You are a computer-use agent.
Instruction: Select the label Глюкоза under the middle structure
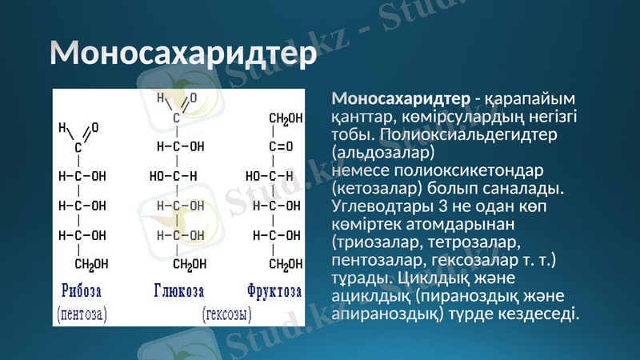[178, 289]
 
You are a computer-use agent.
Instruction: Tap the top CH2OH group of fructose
[285, 118]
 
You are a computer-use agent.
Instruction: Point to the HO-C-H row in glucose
[173, 176]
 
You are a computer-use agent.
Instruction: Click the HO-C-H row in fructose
[270, 176]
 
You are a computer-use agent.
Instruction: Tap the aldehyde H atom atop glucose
[160, 98]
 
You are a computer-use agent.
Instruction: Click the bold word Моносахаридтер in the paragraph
[401, 99]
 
